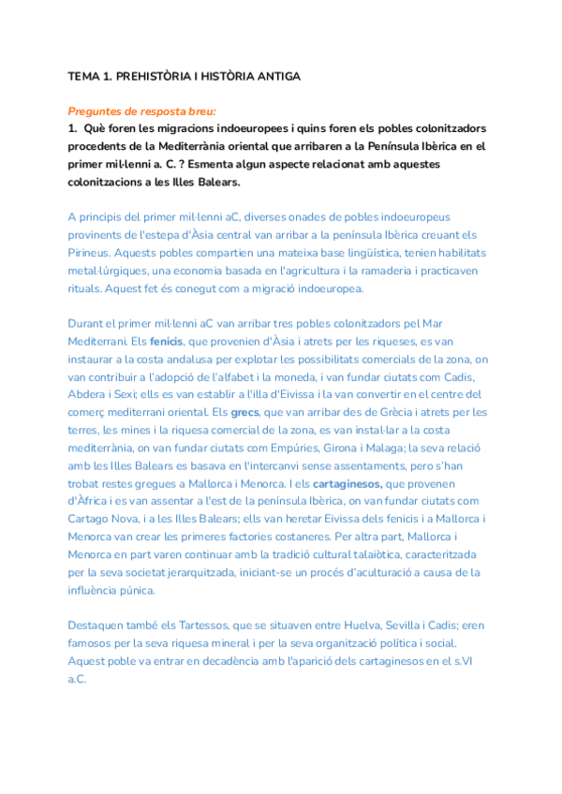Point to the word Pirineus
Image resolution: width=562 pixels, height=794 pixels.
(x=91, y=252)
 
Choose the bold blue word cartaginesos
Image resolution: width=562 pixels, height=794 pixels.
(x=347, y=483)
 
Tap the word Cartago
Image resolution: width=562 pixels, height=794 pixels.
(x=92, y=519)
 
